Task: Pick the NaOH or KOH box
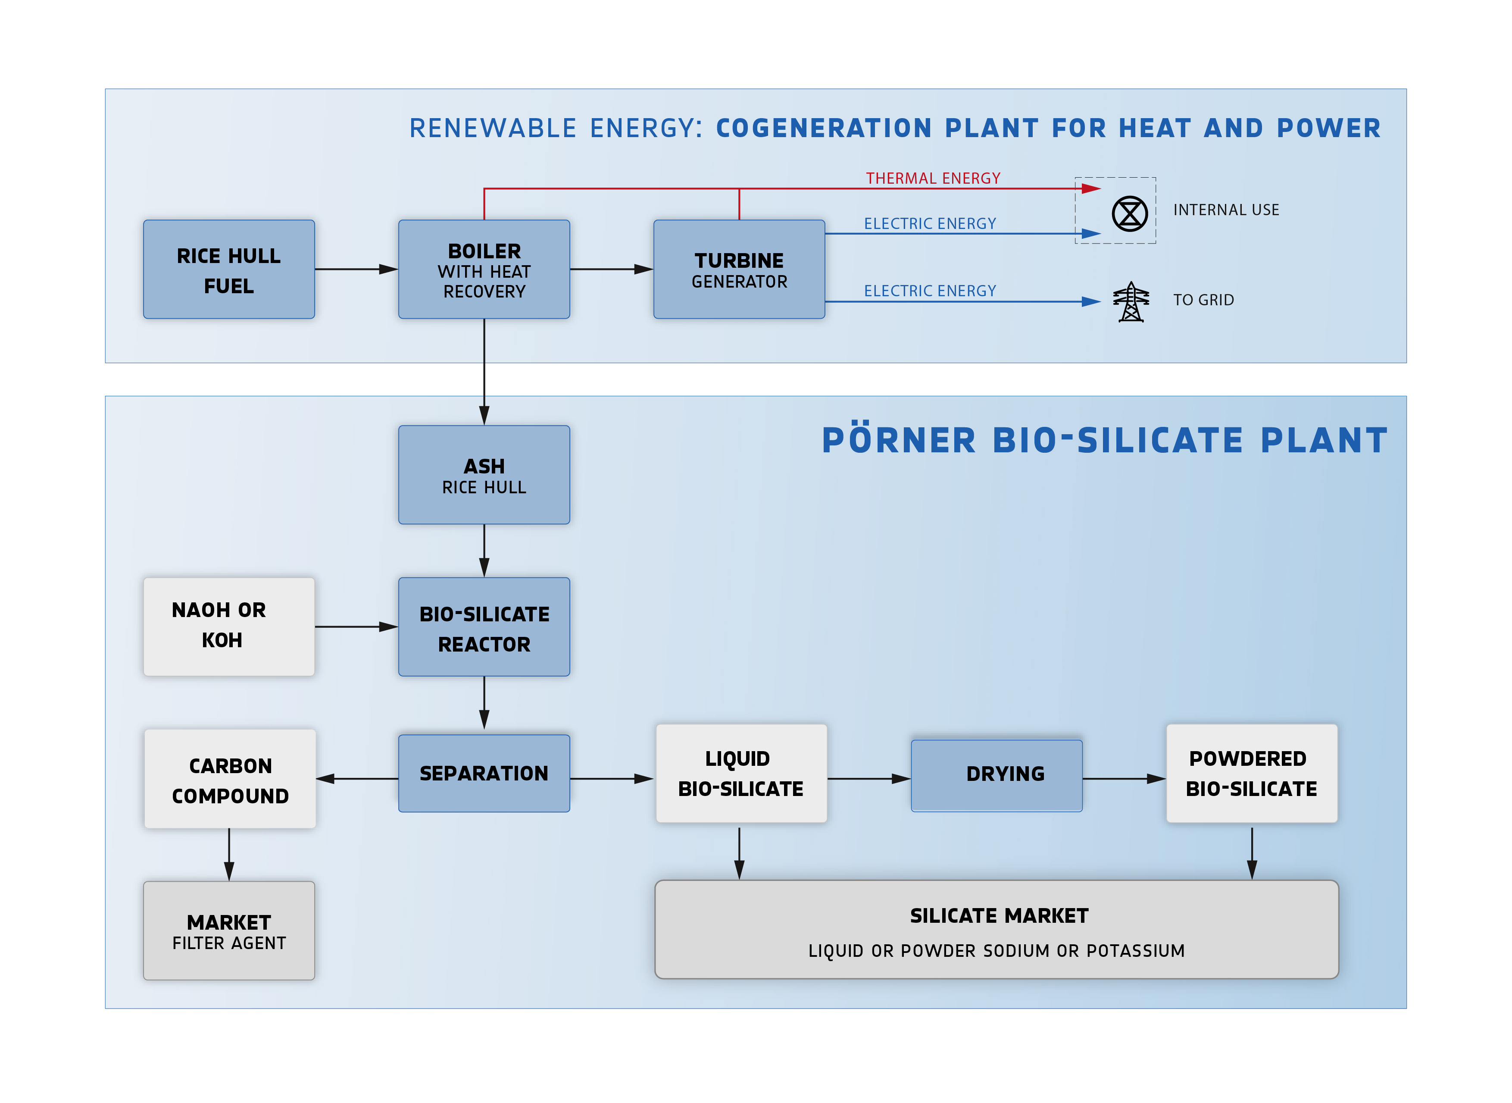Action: (x=229, y=626)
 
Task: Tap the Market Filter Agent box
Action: (x=229, y=931)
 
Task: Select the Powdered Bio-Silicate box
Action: (x=1251, y=773)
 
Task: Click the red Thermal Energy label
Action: (x=933, y=178)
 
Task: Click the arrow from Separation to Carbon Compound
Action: (x=357, y=778)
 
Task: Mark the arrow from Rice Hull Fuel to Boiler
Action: (x=356, y=269)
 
